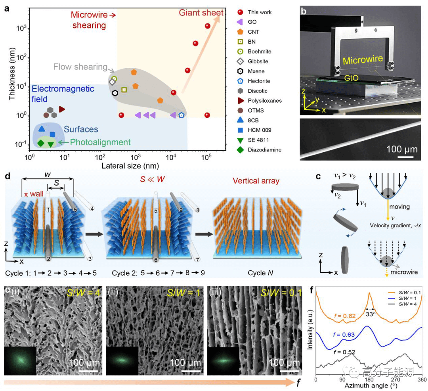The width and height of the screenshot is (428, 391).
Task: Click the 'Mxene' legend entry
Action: [256, 71]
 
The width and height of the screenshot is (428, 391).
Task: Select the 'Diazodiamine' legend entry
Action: [264, 149]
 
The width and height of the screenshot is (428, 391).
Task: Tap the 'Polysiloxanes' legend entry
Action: [265, 101]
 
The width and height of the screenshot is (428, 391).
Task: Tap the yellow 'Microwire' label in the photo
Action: [363, 60]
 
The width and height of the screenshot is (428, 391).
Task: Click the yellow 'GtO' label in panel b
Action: [352, 78]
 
